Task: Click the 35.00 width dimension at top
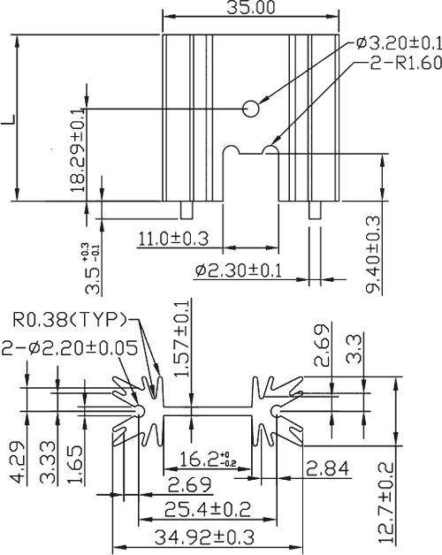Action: pyautogui.click(x=251, y=9)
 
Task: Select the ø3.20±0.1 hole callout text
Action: pyautogui.click(x=395, y=43)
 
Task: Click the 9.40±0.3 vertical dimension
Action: pyautogui.click(x=372, y=255)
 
